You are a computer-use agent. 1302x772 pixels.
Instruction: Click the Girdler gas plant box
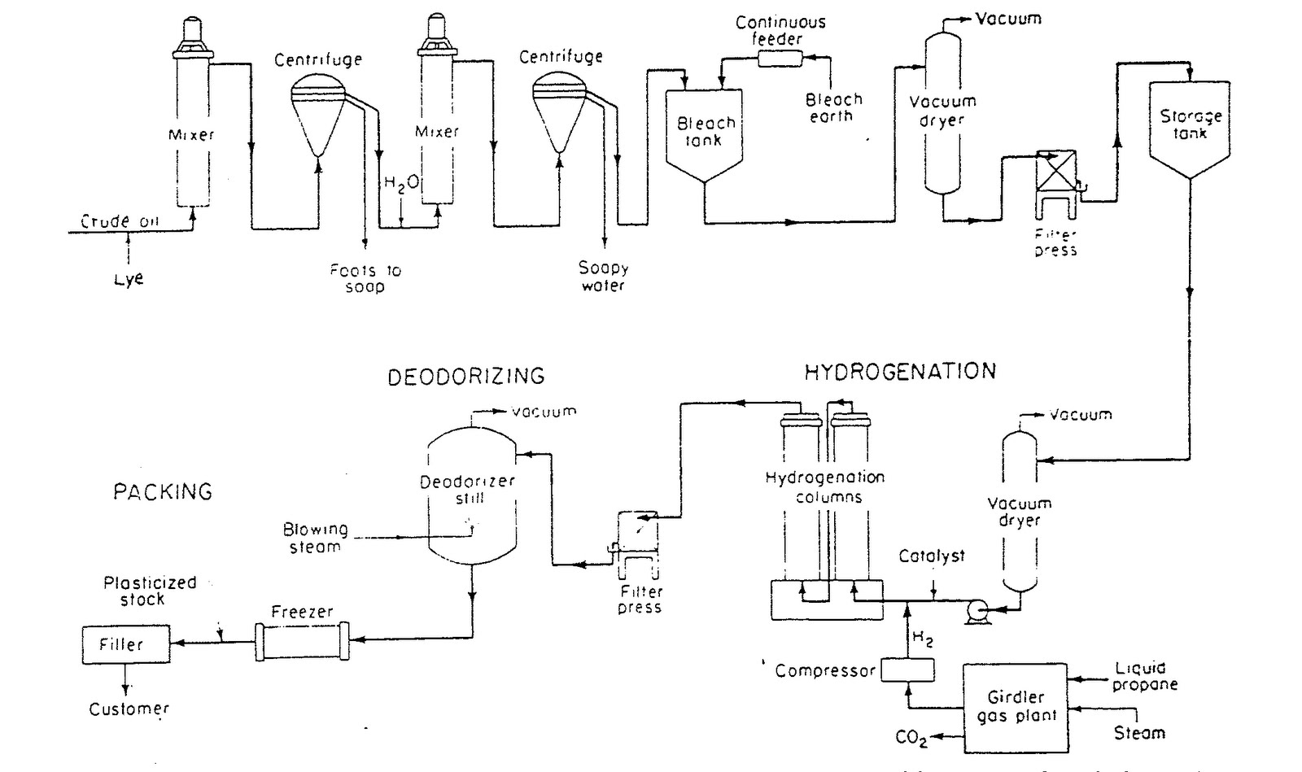click(1015, 707)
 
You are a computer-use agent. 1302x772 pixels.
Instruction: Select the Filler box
click(125, 645)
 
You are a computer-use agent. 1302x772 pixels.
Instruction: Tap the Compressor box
click(908, 670)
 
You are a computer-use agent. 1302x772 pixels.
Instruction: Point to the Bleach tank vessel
click(704, 134)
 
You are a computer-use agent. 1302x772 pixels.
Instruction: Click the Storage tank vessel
click(1189, 126)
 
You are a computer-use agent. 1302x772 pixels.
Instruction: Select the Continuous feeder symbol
click(780, 58)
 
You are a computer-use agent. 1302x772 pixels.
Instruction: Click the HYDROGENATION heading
click(899, 372)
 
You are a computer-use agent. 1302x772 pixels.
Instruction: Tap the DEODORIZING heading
click(465, 376)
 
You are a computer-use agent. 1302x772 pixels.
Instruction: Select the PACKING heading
click(163, 491)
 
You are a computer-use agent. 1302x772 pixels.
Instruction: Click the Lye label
click(129, 278)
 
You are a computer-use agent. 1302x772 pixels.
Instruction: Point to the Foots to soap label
click(365, 278)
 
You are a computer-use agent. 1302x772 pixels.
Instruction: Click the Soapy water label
click(603, 276)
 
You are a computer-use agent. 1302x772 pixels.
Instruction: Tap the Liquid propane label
click(1144, 676)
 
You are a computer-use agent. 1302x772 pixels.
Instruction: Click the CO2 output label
click(911, 737)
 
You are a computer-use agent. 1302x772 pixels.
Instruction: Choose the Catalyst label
click(932, 556)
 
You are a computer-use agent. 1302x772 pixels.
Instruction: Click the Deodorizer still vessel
click(471, 496)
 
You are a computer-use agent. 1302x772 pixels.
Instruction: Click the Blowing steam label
click(316, 538)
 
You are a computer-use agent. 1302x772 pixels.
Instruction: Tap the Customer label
click(129, 709)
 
